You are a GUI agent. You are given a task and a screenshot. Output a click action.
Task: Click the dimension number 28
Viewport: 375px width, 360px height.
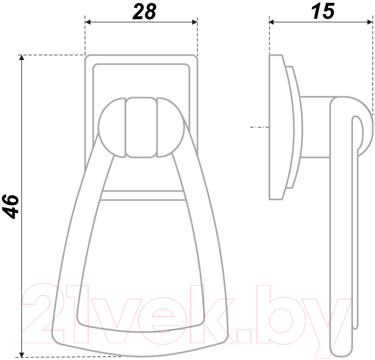pos(144,12)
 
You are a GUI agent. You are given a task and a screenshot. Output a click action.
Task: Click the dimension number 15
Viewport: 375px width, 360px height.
pos(322,11)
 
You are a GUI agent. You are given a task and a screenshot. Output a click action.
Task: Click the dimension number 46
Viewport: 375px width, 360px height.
pos(10,207)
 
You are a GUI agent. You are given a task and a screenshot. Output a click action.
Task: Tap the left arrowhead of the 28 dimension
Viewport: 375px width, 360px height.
pos(88,22)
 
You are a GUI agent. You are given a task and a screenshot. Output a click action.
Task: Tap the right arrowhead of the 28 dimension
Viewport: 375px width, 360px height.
pos(195,22)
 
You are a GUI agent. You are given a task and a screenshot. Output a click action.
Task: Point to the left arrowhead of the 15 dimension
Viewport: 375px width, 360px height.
pos(272,22)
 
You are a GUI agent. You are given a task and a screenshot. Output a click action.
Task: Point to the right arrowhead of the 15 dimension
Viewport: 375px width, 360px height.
pos(370,22)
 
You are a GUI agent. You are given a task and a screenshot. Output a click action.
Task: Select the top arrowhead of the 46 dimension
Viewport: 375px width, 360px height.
pos(22,58)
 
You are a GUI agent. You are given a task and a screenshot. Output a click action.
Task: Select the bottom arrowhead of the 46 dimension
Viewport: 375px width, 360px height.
pos(22,354)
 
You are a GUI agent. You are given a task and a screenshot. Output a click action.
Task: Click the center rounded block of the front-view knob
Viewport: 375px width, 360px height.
pos(141,127)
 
